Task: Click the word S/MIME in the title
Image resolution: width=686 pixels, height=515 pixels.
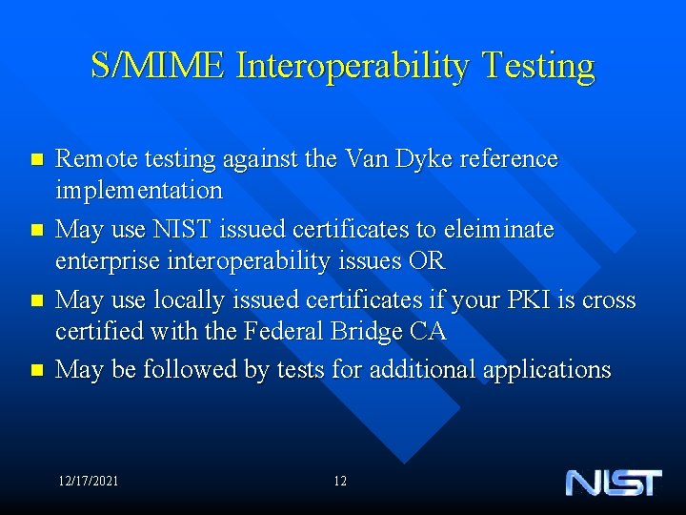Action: [x=158, y=66]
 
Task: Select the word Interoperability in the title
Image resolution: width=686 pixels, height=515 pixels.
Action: [x=353, y=67]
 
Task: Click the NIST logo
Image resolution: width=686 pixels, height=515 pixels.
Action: [x=613, y=482]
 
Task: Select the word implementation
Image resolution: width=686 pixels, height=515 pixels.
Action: [x=139, y=190]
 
